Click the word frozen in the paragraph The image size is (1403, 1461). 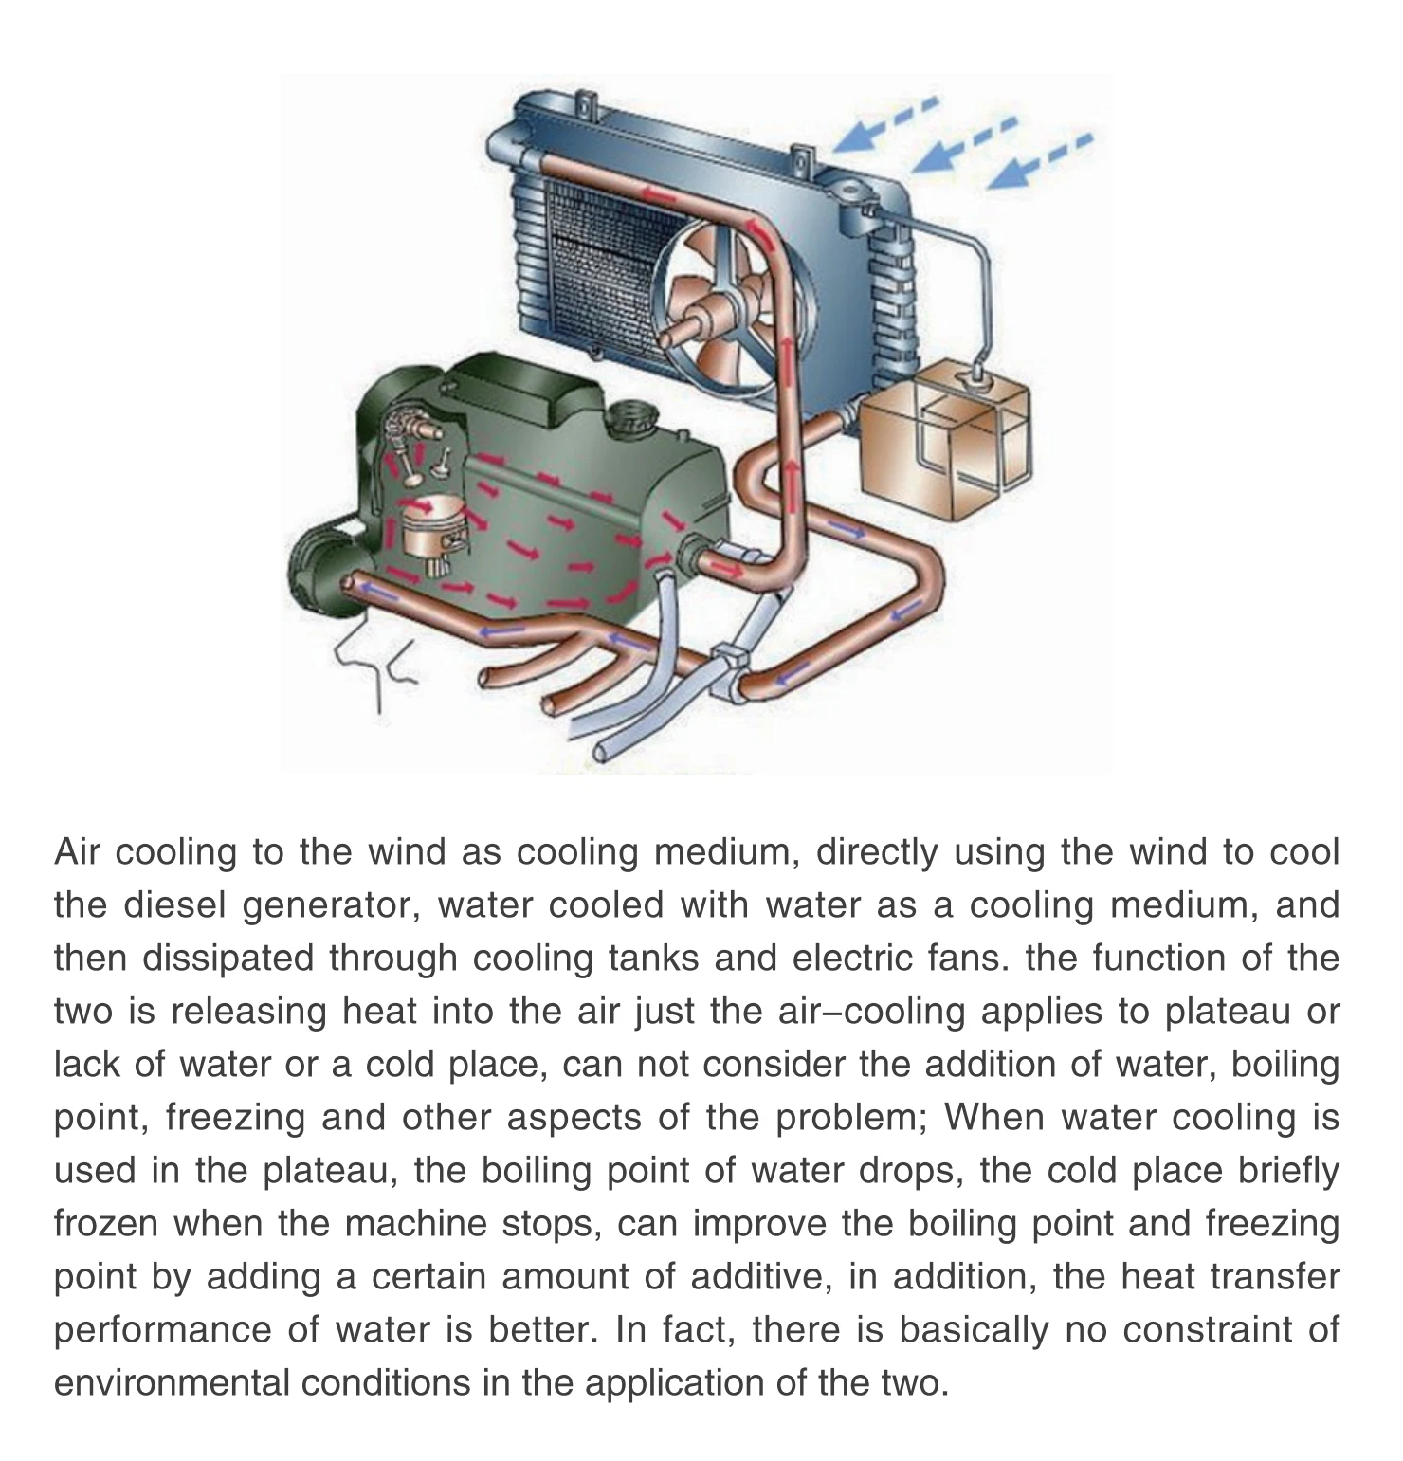(105, 1224)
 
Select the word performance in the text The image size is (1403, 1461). (162, 1330)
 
